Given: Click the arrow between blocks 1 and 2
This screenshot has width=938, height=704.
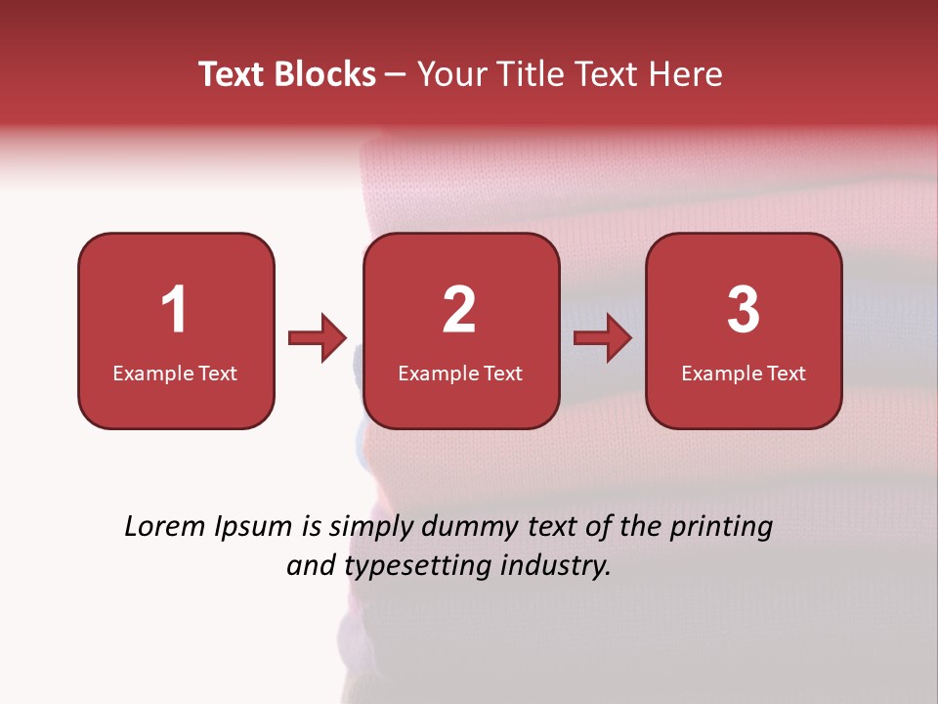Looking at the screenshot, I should (x=318, y=338).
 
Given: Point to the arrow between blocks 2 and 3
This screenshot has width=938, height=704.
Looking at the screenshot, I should (x=603, y=338).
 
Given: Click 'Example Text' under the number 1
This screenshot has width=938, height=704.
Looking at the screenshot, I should (x=175, y=373).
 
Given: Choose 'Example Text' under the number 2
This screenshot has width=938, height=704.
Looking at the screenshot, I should (x=460, y=373).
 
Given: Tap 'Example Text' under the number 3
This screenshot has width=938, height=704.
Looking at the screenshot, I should (x=744, y=373).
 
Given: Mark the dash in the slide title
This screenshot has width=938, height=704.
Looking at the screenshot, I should (x=396, y=75).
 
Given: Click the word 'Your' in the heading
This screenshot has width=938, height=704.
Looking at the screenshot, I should (x=448, y=74).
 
